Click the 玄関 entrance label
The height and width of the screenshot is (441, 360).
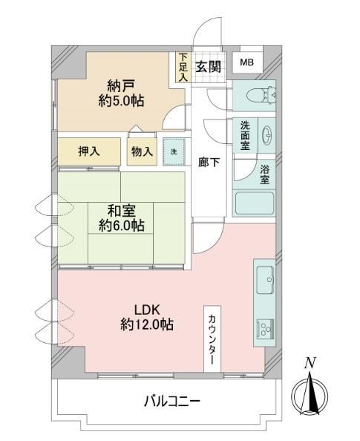click(208, 67)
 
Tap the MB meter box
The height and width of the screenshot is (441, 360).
click(247, 62)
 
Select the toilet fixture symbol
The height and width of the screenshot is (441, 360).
click(261, 95)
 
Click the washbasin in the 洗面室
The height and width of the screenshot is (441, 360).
click(266, 135)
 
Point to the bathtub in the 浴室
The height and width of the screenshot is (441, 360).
click(255, 203)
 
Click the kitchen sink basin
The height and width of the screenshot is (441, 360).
click(265, 281)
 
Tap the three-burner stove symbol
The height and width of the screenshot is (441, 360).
click(265, 329)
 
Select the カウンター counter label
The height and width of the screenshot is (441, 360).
click(212, 339)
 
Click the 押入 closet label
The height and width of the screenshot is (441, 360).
click(89, 151)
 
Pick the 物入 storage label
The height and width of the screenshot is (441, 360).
click(142, 151)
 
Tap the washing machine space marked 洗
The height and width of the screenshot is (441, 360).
click(174, 152)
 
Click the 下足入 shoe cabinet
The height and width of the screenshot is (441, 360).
click(183, 68)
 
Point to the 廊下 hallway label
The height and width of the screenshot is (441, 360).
click(209, 163)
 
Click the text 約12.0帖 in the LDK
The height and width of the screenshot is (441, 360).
click(147, 325)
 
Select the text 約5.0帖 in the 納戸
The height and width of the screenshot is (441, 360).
click(121, 100)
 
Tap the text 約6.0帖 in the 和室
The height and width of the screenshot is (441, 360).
click(122, 225)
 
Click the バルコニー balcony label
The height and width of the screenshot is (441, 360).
click(172, 401)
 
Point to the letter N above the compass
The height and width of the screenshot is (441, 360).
click(310, 363)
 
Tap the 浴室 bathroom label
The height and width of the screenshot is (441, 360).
click(265, 174)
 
